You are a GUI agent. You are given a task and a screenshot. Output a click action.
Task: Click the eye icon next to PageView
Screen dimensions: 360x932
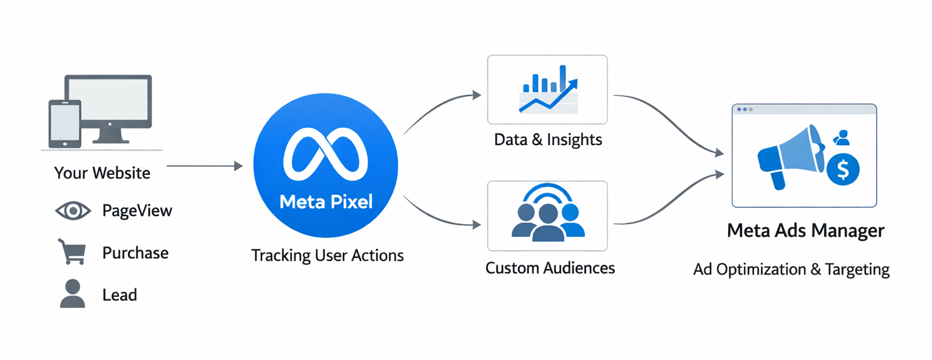(x=73, y=211)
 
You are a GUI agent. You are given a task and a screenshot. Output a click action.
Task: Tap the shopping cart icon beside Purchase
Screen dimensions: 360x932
(x=72, y=252)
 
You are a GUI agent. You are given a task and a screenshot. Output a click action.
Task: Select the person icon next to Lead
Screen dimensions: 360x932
(x=72, y=294)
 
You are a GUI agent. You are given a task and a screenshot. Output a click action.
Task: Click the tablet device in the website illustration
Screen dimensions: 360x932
(x=64, y=123)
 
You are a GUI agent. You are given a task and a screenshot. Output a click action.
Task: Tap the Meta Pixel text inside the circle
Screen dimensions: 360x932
(x=326, y=201)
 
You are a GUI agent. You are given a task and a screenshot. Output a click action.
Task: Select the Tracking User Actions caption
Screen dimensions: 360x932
(x=327, y=256)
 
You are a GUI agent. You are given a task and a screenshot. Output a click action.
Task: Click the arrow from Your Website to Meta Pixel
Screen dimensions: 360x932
(x=204, y=166)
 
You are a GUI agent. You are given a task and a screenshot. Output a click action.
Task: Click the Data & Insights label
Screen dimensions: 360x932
(x=548, y=140)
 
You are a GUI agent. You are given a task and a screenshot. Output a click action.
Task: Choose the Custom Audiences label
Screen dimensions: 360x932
(x=550, y=268)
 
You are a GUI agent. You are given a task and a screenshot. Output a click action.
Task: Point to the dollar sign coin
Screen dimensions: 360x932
(x=842, y=169)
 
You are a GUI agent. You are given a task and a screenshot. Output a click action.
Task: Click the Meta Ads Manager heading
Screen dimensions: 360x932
(x=805, y=231)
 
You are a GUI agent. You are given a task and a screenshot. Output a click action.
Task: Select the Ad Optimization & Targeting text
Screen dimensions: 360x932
(x=791, y=269)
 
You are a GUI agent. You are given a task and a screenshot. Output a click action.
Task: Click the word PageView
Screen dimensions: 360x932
(x=137, y=211)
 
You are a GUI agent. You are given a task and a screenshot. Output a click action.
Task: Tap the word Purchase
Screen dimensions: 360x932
(x=135, y=253)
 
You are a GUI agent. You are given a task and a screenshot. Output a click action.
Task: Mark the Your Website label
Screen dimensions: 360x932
(x=102, y=173)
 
